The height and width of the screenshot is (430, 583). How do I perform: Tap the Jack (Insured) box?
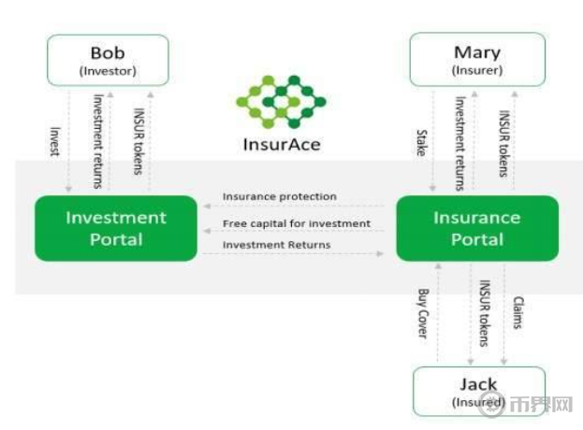pos(478,391)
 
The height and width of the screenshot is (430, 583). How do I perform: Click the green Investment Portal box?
pos(116,228)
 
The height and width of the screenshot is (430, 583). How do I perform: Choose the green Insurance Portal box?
pos(476,228)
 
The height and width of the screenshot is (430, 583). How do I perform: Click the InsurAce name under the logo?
pos(280,143)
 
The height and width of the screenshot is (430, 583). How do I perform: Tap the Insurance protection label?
pos(280,197)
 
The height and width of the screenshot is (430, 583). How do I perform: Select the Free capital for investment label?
pos(297,224)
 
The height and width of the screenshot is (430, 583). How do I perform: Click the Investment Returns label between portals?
pos(276,245)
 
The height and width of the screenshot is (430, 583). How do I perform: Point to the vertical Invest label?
pos(55,140)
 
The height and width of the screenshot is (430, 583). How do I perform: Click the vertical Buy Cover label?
pos(423,312)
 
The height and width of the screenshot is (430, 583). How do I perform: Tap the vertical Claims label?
pos(517,313)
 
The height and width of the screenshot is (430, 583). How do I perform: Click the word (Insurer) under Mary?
pos(476,70)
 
